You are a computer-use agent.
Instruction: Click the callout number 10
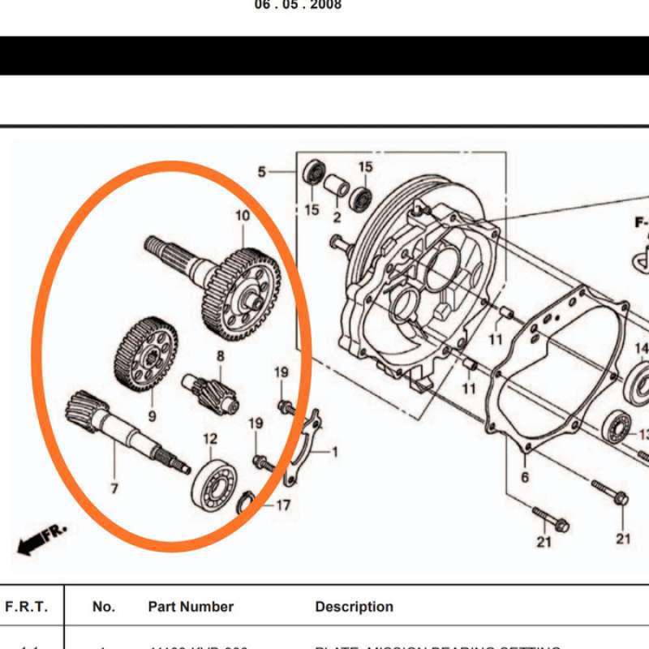[243, 216]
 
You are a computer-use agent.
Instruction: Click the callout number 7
[114, 488]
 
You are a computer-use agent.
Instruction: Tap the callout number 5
[262, 172]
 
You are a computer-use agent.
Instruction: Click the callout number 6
[524, 477]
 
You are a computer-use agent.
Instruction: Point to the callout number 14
[641, 350]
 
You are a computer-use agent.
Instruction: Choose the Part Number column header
[191, 607]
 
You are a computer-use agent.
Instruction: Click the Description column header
[354, 607]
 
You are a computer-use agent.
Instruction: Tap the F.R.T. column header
[27, 607]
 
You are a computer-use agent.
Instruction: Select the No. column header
[104, 607]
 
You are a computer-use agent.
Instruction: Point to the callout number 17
[283, 505]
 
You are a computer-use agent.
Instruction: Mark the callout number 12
[210, 439]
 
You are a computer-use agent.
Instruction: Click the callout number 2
[337, 217]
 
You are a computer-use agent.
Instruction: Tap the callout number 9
[152, 416]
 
